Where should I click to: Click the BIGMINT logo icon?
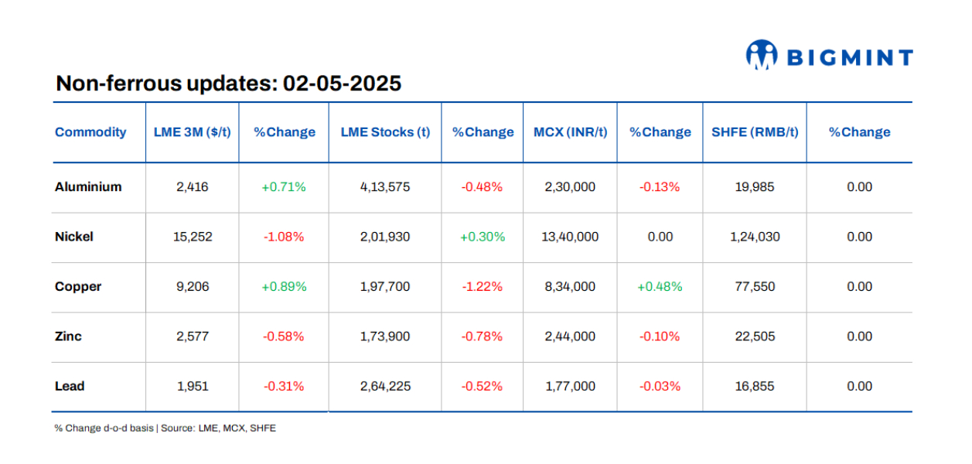[x=761, y=55]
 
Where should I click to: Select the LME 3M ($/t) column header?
[x=192, y=132]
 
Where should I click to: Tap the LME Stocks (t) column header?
[x=385, y=132]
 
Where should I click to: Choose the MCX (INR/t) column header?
[x=570, y=132]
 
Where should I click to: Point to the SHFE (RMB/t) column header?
[x=754, y=132]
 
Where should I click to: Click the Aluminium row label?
[x=88, y=187]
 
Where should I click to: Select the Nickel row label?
[x=74, y=237]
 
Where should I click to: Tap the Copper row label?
[x=78, y=287]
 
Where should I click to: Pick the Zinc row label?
[x=68, y=336]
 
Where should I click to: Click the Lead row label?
[x=70, y=387]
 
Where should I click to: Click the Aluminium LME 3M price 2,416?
[x=192, y=187]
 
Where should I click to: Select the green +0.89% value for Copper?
[x=284, y=287]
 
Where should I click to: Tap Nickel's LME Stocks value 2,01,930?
[x=385, y=237]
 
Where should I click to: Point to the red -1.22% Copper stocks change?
[x=483, y=287]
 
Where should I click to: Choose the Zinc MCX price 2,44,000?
[x=570, y=336]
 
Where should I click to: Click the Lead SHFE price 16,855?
[x=754, y=387]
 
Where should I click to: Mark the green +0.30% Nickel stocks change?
[x=483, y=237]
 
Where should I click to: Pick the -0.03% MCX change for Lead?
[x=660, y=387]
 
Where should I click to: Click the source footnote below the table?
[x=165, y=428]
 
